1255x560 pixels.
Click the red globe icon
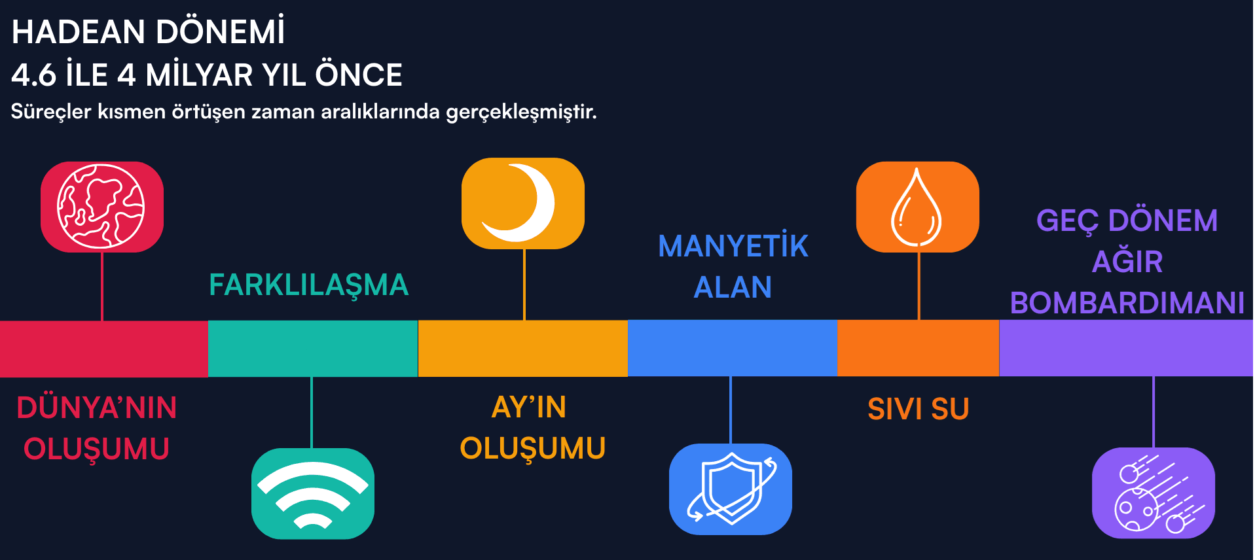101,207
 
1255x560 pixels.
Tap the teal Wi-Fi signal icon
313,493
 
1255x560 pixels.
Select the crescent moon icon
522,203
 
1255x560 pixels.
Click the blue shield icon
730,489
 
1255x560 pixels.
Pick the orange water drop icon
917,207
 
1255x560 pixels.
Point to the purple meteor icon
1153,493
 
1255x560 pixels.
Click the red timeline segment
103,349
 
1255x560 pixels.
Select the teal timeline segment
313,349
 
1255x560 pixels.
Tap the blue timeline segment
732,348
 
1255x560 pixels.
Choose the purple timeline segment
1126,348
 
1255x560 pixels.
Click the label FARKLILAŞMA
308,285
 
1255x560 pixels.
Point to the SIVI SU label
918,410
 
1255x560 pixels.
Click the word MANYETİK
733,247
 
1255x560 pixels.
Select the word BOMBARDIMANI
1127,303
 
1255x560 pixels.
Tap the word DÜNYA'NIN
97,408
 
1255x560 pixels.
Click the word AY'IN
529,407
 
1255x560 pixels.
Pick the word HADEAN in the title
78,32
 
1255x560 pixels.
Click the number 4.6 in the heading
34,75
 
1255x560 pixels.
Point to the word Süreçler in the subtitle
51,112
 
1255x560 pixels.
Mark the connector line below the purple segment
1154,411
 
